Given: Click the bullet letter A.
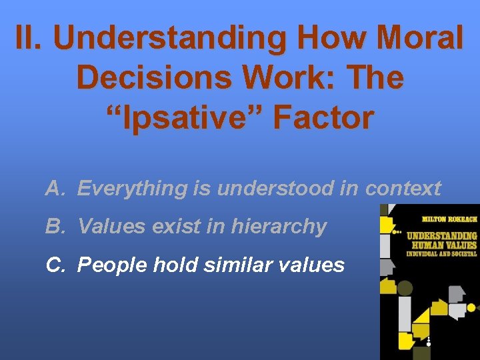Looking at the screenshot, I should [x=55, y=189].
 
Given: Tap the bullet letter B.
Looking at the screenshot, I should [x=55, y=227].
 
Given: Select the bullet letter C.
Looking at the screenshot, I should [x=55, y=265].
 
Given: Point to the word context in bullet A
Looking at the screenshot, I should [x=403, y=189].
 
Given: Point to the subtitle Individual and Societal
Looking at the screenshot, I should [x=442, y=253].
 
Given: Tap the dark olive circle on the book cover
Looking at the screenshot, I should [x=405, y=289].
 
